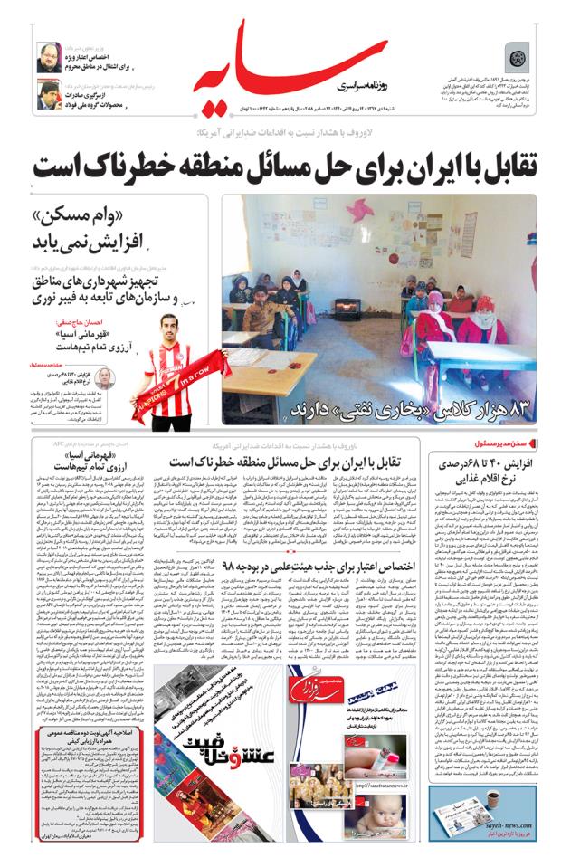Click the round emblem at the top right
[517, 60]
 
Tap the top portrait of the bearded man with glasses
[47, 57]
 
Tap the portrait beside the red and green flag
[48, 93]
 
